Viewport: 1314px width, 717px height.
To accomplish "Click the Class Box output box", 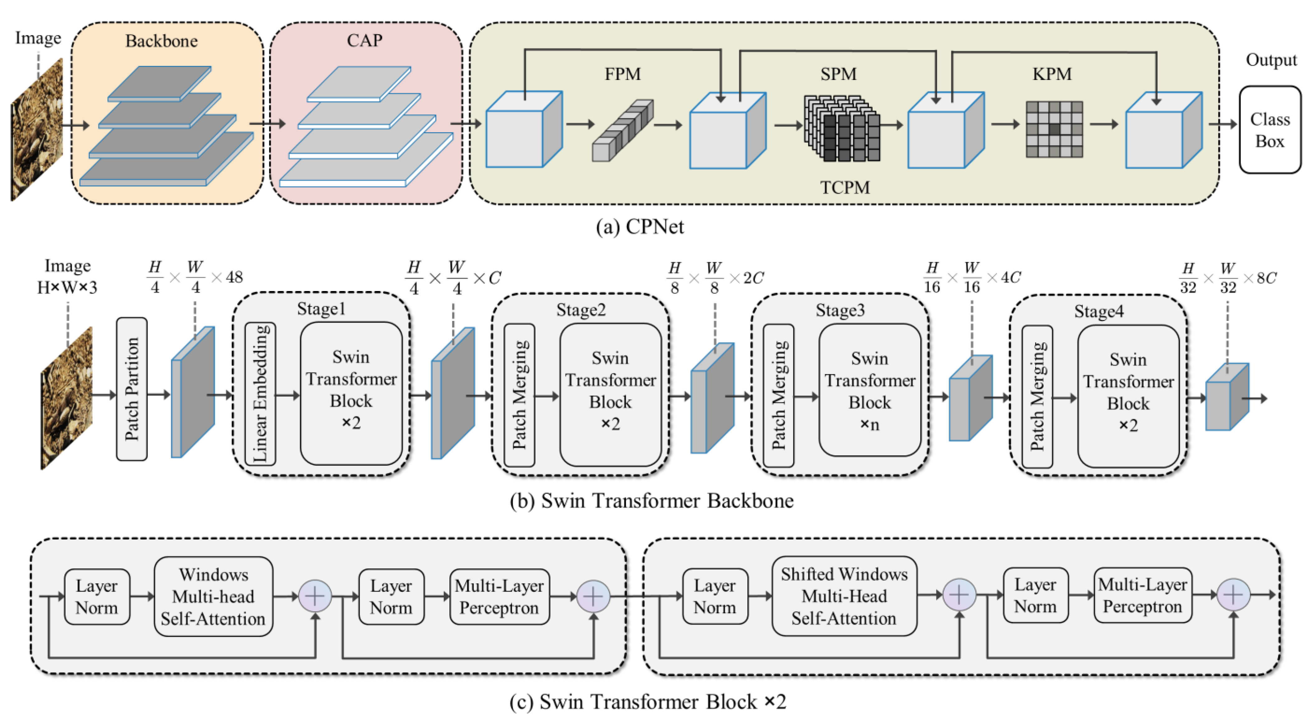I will tap(1269, 130).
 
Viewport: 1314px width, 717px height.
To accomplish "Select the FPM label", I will tap(622, 74).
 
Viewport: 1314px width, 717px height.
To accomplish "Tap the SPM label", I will tap(838, 74).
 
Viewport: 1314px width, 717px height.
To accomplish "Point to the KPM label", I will tap(1052, 74).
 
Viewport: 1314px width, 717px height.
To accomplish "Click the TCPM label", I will tap(845, 187).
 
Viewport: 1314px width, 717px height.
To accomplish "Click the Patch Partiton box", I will tap(132, 389).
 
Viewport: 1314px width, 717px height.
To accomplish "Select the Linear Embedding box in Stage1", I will tap(260, 393).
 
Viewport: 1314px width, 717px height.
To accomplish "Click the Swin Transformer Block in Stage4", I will tap(1128, 396).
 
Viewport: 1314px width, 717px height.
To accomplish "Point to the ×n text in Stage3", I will tap(870, 424).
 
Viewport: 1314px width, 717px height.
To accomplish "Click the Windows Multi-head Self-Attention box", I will tap(213, 596).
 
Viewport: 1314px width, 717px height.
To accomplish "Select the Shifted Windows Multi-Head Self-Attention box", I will tap(844, 596).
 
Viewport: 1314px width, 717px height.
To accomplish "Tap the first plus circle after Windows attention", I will tap(315, 596).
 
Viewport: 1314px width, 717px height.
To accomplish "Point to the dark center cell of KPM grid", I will tap(1054, 129).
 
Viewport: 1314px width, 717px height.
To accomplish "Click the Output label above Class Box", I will tap(1271, 60).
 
